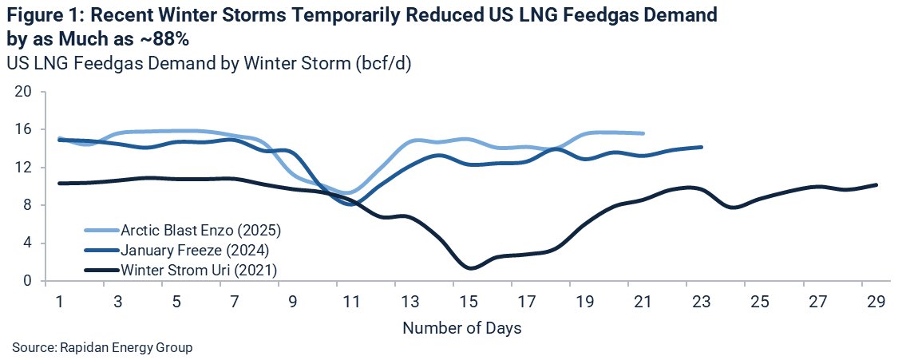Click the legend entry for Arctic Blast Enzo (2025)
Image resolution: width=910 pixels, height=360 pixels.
(x=200, y=231)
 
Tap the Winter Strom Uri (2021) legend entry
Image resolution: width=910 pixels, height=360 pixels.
(x=199, y=270)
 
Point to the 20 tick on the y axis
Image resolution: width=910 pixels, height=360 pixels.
(x=23, y=91)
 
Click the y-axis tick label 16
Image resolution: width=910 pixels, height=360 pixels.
(x=23, y=129)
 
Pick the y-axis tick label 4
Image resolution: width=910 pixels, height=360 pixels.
(x=27, y=243)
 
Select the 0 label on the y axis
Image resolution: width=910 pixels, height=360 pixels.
(x=27, y=281)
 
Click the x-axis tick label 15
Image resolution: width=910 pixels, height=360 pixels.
(x=468, y=303)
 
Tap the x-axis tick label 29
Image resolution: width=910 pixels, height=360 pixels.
(x=876, y=303)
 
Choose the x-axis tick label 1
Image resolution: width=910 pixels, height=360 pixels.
(x=60, y=303)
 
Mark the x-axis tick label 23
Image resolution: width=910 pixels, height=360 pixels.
(x=701, y=303)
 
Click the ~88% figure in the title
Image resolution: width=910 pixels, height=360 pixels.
(x=163, y=37)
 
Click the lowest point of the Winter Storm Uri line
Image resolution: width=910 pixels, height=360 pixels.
(x=471, y=268)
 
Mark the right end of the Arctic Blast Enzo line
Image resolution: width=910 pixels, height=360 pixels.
(x=643, y=133)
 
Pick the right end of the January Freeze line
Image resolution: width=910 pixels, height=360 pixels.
(x=702, y=147)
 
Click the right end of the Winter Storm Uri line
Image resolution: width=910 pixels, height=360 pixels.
(x=876, y=185)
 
